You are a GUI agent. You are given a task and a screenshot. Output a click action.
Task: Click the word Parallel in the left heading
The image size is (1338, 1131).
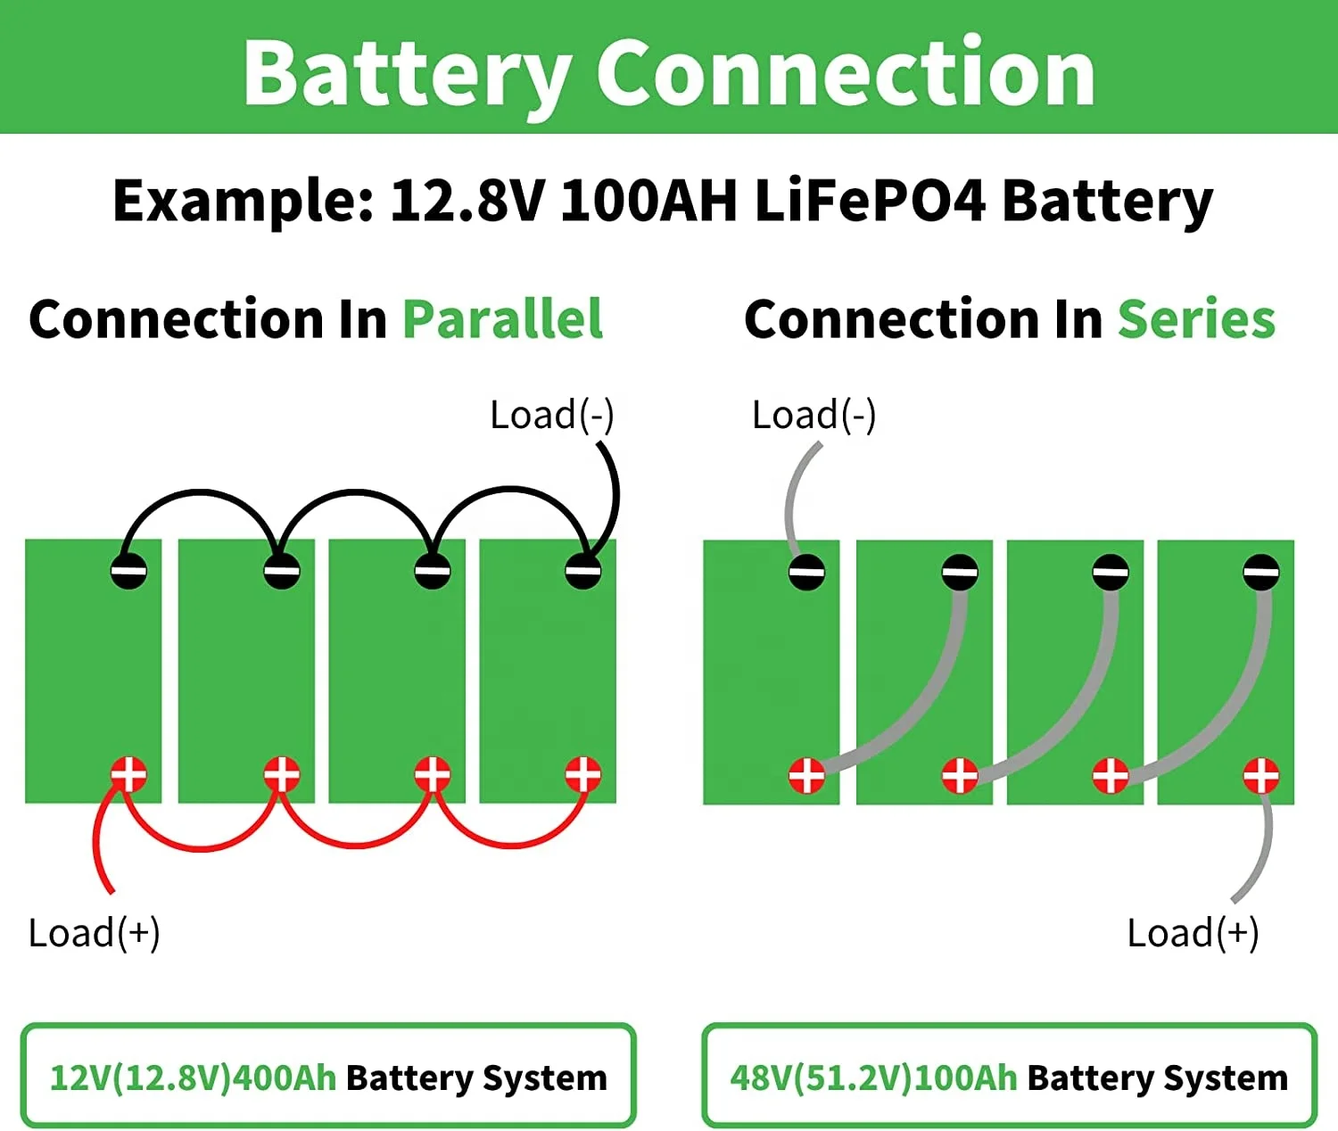tap(502, 319)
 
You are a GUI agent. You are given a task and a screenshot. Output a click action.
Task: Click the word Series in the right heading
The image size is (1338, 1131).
tap(1196, 319)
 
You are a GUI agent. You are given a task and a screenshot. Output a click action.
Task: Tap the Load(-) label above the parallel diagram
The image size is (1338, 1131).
tap(552, 415)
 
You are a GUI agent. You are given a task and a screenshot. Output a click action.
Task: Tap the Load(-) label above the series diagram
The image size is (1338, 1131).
tap(814, 415)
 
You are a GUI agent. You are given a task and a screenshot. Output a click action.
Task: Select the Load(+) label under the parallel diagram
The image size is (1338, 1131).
tap(95, 933)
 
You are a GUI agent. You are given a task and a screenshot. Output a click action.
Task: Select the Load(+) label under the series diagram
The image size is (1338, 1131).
tap(1193, 933)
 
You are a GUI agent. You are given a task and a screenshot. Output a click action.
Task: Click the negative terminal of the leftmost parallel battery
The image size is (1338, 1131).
tap(128, 571)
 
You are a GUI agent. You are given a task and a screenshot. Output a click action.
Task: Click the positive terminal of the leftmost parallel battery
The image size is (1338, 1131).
tap(128, 774)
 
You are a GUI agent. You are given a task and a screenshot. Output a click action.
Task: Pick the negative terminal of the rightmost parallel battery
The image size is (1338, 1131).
tap(583, 571)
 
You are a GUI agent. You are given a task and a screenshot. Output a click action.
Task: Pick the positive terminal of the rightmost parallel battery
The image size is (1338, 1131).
tap(583, 774)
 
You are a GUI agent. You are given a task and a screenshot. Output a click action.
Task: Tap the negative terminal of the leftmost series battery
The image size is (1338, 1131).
tap(806, 571)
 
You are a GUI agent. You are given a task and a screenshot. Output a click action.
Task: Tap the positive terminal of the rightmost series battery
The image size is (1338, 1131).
tap(1260, 775)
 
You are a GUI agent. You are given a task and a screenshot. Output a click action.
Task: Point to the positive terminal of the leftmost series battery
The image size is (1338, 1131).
tap(806, 775)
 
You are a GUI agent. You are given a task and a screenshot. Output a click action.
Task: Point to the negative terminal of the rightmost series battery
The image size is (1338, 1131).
tap(1260, 571)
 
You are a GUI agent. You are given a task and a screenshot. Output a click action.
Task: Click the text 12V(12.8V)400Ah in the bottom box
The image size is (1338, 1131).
tap(193, 1077)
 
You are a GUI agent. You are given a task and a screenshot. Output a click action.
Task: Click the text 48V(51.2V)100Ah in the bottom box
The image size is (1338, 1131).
tap(873, 1077)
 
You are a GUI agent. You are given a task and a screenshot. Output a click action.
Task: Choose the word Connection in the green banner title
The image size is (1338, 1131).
tap(846, 73)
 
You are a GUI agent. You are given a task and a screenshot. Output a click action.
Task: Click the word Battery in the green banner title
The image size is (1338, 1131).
tap(407, 73)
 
